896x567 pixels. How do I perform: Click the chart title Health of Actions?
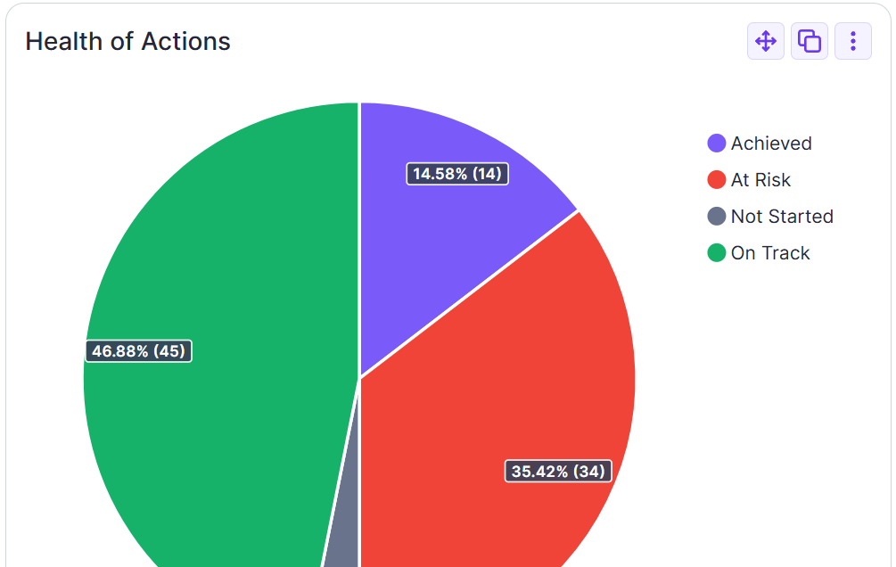coord(127,41)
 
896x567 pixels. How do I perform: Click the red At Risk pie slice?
coord(499,374)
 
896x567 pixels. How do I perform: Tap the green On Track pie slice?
coord(223,267)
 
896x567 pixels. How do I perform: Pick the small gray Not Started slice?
coord(343,548)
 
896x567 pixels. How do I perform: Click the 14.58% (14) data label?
coord(457,174)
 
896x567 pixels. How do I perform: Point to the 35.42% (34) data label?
coord(558,471)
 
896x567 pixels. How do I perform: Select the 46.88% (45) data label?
coord(139,351)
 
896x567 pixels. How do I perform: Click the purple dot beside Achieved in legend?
coord(717,144)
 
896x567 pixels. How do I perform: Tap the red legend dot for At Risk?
coord(717,180)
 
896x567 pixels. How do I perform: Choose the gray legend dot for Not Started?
coord(717,217)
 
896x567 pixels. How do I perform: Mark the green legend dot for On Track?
coord(717,253)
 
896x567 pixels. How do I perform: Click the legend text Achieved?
coord(771,144)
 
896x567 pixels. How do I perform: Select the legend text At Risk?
coord(760,180)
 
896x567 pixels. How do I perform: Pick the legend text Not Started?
coord(782,217)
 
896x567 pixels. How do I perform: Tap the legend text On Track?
coord(770,253)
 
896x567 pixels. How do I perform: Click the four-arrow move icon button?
coord(766,41)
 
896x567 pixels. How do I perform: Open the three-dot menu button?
coord(853,41)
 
